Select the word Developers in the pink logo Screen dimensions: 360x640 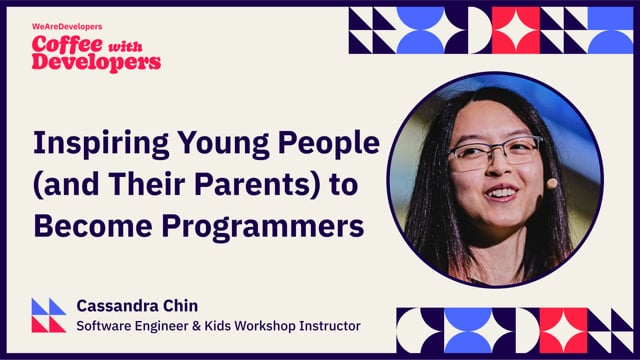[96, 61]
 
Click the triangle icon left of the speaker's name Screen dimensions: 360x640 [48, 314]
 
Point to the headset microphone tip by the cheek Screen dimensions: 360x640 [551, 183]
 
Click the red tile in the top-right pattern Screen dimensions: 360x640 [516, 29]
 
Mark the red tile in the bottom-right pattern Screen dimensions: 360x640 [564, 330]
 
